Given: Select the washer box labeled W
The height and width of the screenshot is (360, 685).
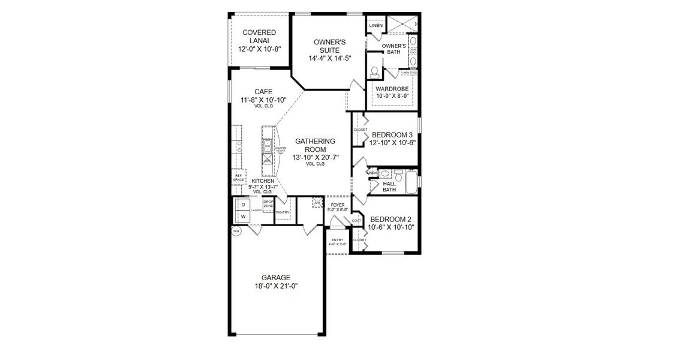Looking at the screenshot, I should click(x=244, y=216).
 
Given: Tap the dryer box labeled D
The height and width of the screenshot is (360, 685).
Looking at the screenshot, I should click(x=244, y=205).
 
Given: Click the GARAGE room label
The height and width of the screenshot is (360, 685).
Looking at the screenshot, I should click(x=276, y=277).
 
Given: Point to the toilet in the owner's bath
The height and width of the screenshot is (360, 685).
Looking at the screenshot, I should click(x=374, y=72).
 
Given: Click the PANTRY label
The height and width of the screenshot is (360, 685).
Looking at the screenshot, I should click(x=283, y=212).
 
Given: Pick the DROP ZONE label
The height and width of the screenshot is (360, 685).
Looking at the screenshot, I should click(x=268, y=204).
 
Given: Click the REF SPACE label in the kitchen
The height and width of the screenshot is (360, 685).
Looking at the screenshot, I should click(x=238, y=178).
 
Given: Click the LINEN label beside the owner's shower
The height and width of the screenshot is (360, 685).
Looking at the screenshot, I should click(x=375, y=26).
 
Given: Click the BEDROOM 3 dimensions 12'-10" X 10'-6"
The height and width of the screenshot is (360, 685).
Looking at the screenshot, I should click(x=393, y=143).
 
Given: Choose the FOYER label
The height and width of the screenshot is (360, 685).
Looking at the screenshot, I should click(x=337, y=205).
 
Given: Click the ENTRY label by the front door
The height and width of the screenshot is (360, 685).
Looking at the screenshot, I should click(x=337, y=241).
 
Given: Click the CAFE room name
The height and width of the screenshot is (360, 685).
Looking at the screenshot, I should click(x=263, y=92).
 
